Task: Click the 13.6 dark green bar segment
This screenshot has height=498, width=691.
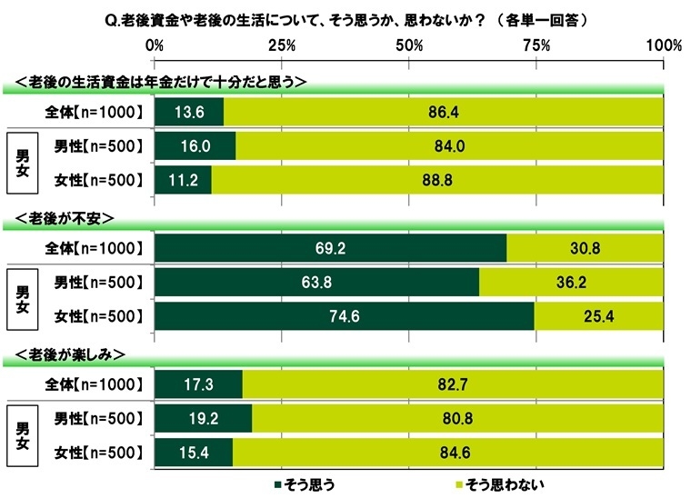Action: click(189, 112)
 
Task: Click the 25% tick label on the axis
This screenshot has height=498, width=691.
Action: click(283, 46)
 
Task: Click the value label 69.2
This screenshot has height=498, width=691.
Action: click(331, 247)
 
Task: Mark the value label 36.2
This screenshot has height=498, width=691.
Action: click(573, 281)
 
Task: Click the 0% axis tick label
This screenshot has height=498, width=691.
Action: click(155, 46)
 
